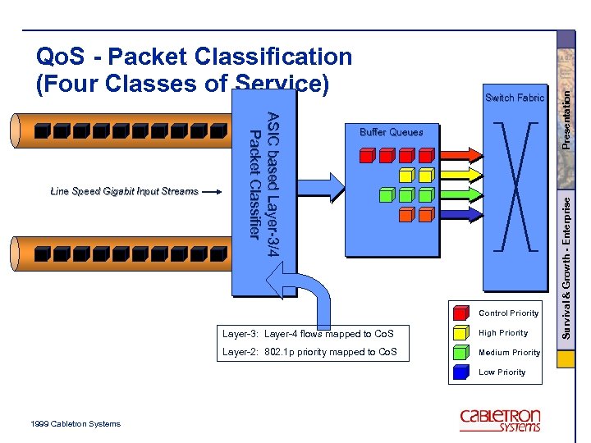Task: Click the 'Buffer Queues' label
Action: [392, 132]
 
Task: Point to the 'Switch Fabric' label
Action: [515, 98]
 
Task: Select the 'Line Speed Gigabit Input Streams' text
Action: [124, 191]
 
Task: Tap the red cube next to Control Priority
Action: [460, 312]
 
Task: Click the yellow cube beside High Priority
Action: [460, 332]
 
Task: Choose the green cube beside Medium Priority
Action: [460, 352]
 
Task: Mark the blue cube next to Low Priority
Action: [460, 372]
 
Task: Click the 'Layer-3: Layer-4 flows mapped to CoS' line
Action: [308, 334]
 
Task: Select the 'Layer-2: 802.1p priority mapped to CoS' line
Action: [309, 353]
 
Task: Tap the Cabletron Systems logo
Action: [500, 419]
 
